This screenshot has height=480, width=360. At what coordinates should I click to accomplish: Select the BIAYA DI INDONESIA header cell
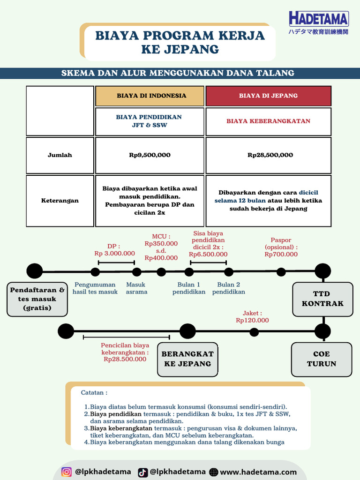tap(150, 96)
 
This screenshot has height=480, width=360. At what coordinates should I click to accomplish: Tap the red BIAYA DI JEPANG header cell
tap(268, 96)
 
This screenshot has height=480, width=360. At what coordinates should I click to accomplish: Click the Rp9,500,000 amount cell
tap(150, 155)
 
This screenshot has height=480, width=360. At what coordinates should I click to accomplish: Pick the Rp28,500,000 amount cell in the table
tap(268, 155)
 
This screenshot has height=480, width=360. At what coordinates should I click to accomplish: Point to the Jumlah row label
tap(60, 155)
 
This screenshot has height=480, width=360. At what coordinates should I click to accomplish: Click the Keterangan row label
tap(60, 201)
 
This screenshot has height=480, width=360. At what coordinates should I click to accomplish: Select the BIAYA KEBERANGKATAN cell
tap(268, 121)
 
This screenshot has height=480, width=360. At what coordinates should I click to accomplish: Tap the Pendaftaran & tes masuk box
tap(37, 299)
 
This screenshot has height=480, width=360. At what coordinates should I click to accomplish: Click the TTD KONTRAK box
tap(322, 299)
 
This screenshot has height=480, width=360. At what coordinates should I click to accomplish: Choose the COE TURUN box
tap(321, 359)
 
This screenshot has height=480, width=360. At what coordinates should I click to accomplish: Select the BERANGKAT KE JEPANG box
tap(187, 359)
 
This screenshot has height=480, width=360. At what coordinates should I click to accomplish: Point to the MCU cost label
tap(161, 247)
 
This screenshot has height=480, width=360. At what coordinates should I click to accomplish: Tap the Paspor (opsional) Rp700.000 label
tap(281, 247)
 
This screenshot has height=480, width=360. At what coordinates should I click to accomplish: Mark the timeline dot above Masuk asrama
tap(137, 272)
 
